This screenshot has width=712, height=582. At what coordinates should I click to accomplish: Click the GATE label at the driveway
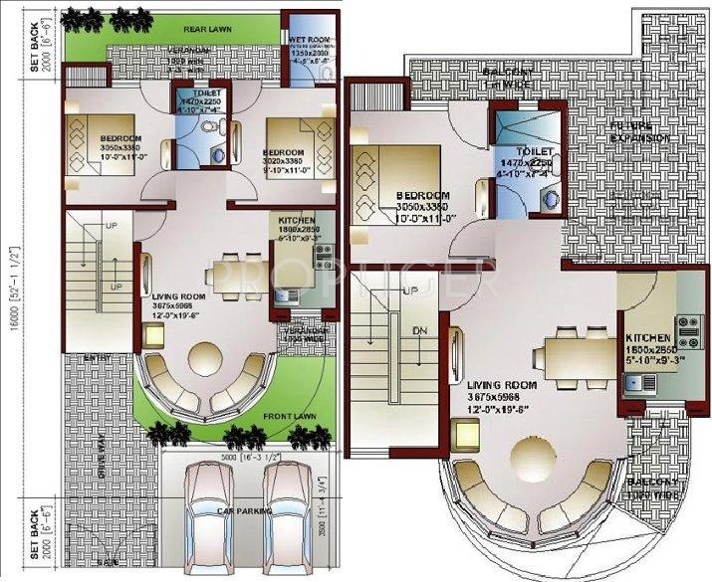coord(108,563)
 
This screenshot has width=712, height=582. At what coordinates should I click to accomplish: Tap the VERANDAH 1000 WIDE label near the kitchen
coord(307,334)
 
